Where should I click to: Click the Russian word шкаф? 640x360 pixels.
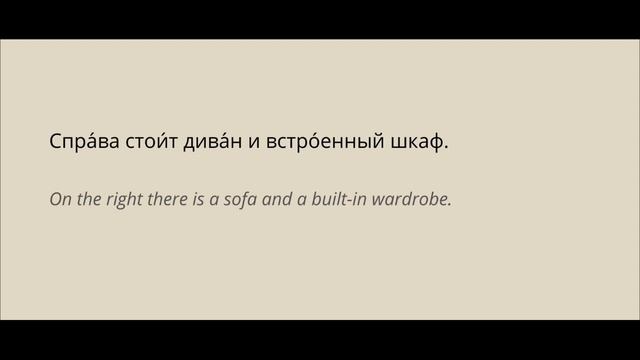pos(416,142)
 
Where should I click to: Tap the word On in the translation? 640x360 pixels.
pos(59,199)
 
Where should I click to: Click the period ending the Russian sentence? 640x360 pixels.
pos(446,148)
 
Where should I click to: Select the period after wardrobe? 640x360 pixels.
pos(451,204)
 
